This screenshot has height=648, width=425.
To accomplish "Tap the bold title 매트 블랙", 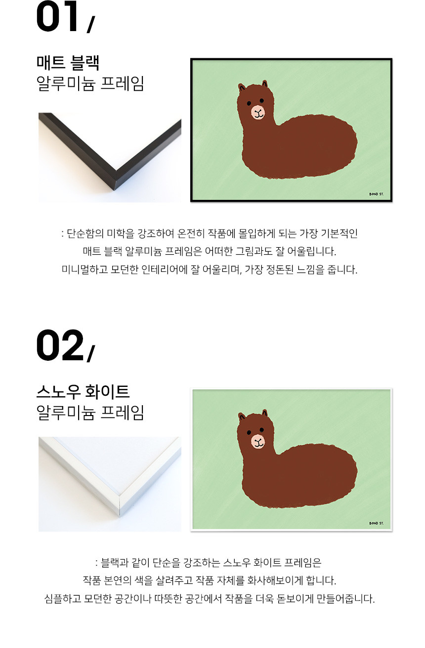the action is [68, 63].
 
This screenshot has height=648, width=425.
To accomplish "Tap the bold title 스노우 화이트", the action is [83, 391].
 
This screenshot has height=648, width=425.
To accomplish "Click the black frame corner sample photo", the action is [110, 157].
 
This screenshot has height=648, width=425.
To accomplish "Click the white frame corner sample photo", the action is [110, 484].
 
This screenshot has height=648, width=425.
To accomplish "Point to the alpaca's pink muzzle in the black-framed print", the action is [258, 113].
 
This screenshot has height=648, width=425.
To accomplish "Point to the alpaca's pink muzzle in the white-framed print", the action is [258, 441].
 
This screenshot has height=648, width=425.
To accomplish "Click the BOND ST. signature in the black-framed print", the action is [377, 194].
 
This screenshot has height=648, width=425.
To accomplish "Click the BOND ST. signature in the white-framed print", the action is [377, 523].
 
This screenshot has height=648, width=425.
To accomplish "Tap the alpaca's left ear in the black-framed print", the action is [241, 87].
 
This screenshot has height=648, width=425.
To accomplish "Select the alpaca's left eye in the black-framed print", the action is [249, 103].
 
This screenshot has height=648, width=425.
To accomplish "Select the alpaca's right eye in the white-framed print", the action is [261, 429].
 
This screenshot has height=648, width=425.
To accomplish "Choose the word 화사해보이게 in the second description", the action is [275, 580].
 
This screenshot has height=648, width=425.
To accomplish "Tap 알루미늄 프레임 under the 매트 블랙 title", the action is [90, 83].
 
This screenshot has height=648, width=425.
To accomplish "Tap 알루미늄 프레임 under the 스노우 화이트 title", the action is [90, 413].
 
